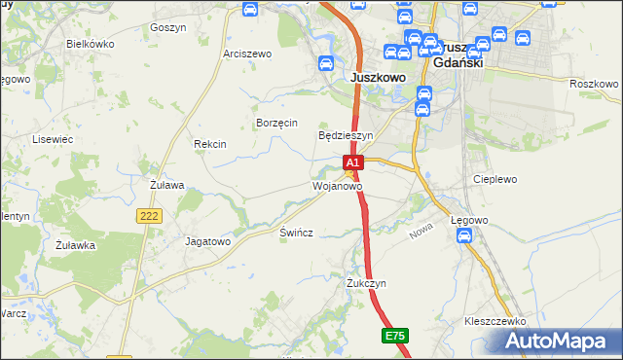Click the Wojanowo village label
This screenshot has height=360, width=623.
pos(337,185)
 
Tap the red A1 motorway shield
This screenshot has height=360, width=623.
pos(353,162)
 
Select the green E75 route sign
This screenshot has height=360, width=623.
pos(394,336)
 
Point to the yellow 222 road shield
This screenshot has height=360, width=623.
pos(149,217)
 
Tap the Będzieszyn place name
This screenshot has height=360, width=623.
pos(347,135)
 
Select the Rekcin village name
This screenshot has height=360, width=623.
pos(210,144)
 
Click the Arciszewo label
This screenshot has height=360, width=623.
pos(246,54)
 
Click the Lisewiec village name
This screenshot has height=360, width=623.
pos(54,139)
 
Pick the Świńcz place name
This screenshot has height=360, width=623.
pos(296,234)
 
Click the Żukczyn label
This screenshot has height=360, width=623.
pos(367,283)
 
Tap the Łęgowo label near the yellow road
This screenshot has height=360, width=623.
pos(469,221)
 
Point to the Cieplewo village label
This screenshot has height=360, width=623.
pos(495,180)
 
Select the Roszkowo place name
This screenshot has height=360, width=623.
pos(594,84)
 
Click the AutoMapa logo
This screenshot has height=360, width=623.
pos(559,342)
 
